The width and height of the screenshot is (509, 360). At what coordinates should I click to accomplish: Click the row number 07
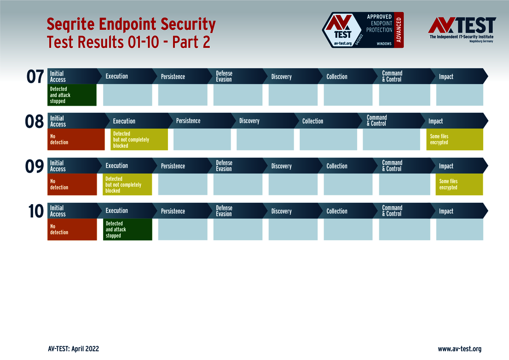point(35,77)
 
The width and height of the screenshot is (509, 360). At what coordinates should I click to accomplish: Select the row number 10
point(36,211)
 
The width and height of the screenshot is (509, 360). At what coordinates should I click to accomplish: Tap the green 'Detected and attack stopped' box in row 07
point(72,95)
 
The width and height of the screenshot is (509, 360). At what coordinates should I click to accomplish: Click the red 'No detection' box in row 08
point(76,139)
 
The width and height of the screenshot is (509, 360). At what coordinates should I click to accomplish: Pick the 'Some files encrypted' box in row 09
point(459,184)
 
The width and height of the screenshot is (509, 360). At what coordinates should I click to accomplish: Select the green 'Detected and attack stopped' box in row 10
point(127,229)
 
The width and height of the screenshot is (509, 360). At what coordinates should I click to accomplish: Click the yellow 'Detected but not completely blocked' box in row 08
point(139,139)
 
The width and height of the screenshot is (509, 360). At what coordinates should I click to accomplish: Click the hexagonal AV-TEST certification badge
point(342,30)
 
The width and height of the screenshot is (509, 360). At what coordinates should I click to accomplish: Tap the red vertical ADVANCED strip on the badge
point(399,30)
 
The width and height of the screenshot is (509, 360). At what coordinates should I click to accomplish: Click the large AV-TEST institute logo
point(462,29)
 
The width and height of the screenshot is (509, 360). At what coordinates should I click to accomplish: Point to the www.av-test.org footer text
point(460,349)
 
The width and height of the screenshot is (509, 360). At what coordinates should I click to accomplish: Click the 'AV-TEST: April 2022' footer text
point(73,349)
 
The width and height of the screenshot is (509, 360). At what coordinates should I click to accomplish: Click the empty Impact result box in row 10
point(460,229)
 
